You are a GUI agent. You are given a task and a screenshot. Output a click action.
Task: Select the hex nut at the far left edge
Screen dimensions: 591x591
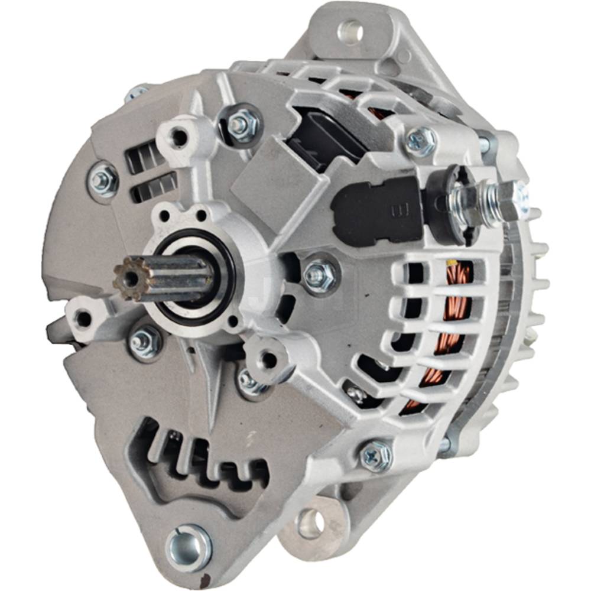[102, 180]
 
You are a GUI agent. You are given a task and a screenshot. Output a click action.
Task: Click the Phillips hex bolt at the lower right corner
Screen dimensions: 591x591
[376, 456]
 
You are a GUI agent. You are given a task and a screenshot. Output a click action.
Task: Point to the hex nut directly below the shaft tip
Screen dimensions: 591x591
[145, 342]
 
